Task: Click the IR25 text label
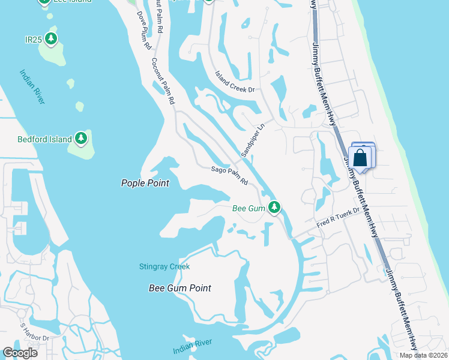[32, 40]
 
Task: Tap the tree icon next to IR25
[52, 40]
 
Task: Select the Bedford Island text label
[44, 139]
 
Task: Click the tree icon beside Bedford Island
[81, 139]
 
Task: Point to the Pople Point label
[145, 184]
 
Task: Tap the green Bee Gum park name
[249, 208]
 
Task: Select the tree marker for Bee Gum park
[274, 208]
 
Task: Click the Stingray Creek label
[164, 266]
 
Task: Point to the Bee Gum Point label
[180, 288]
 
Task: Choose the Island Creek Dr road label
[235, 82]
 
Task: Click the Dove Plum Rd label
[143, 30]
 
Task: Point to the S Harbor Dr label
[34, 334]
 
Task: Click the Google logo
[20, 353]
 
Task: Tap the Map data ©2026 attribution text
[423, 355]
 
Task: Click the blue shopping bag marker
[361, 158]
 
